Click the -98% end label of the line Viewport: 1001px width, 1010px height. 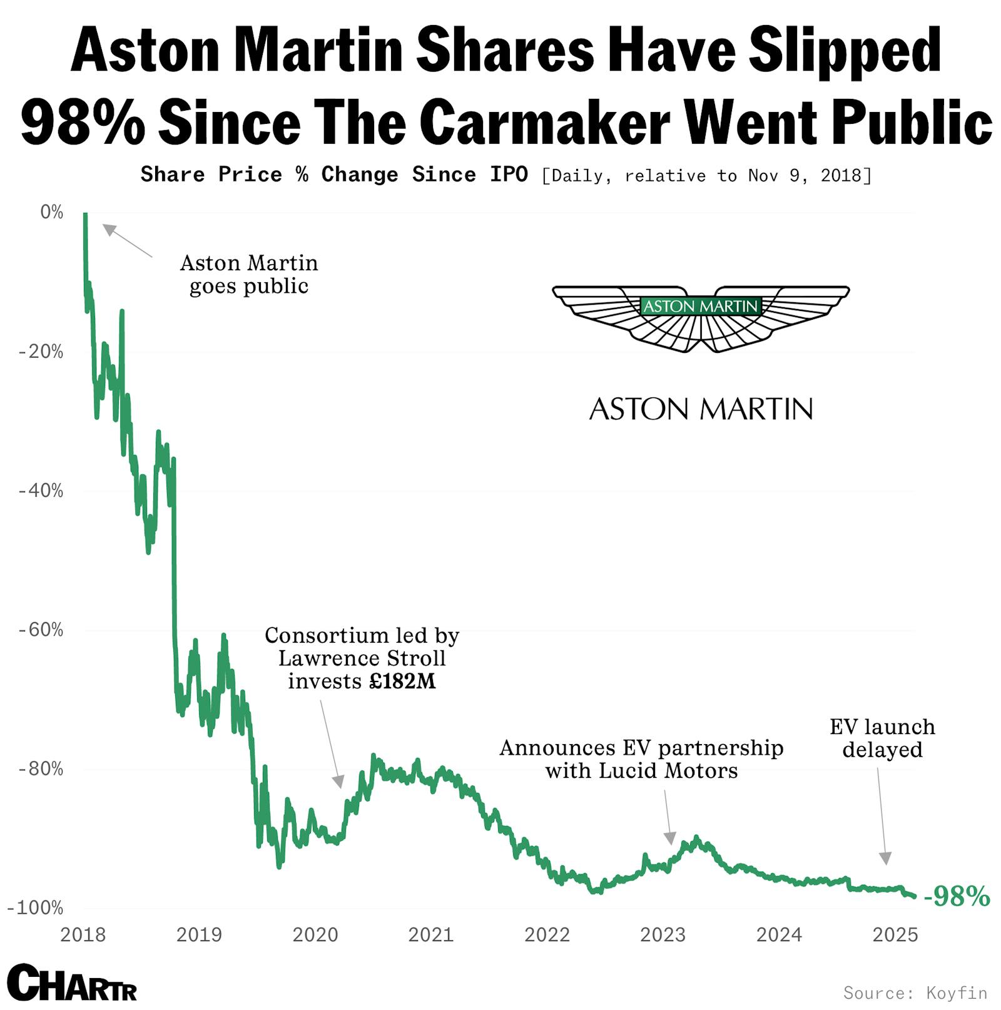[x=957, y=896]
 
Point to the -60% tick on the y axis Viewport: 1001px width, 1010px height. [x=41, y=630]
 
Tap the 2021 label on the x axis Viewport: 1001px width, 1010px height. [x=430, y=934]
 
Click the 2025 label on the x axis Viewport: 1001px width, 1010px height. [x=895, y=934]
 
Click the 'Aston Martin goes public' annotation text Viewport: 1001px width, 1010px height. [x=249, y=274]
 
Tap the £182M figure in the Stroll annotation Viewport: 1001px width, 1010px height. [x=402, y=681]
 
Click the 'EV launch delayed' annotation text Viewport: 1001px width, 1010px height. [x=882, y=738]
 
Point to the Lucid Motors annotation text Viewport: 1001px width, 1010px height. [x=641, y=759]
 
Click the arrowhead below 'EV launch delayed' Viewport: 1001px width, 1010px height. [x=885, y=858]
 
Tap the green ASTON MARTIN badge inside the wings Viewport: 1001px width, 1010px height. [x=700, y=306]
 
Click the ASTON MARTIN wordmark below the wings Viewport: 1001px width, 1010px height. [x=701, y=409]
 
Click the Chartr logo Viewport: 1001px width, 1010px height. [x=72, y=982]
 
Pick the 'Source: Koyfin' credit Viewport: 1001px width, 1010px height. [x=915, y=992]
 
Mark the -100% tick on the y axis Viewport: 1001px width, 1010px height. [x=36, y=907]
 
